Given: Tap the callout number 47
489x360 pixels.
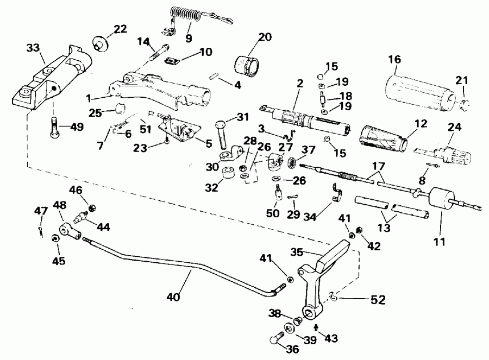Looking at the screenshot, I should point(41,210).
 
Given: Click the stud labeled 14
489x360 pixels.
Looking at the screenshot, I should point(158,54).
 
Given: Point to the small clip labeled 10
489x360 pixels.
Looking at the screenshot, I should point(173,60).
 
